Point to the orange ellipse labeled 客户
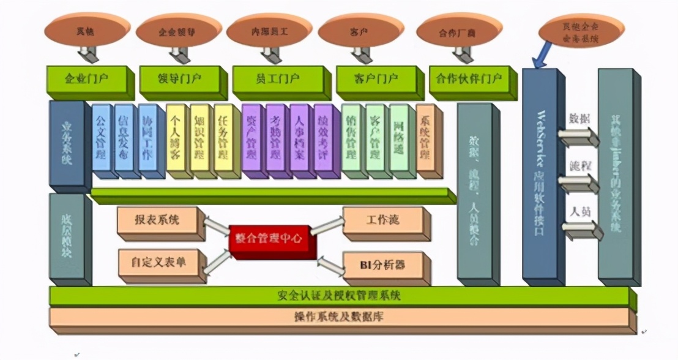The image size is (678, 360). pos(359,30)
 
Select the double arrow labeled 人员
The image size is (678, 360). pos(579,230)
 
